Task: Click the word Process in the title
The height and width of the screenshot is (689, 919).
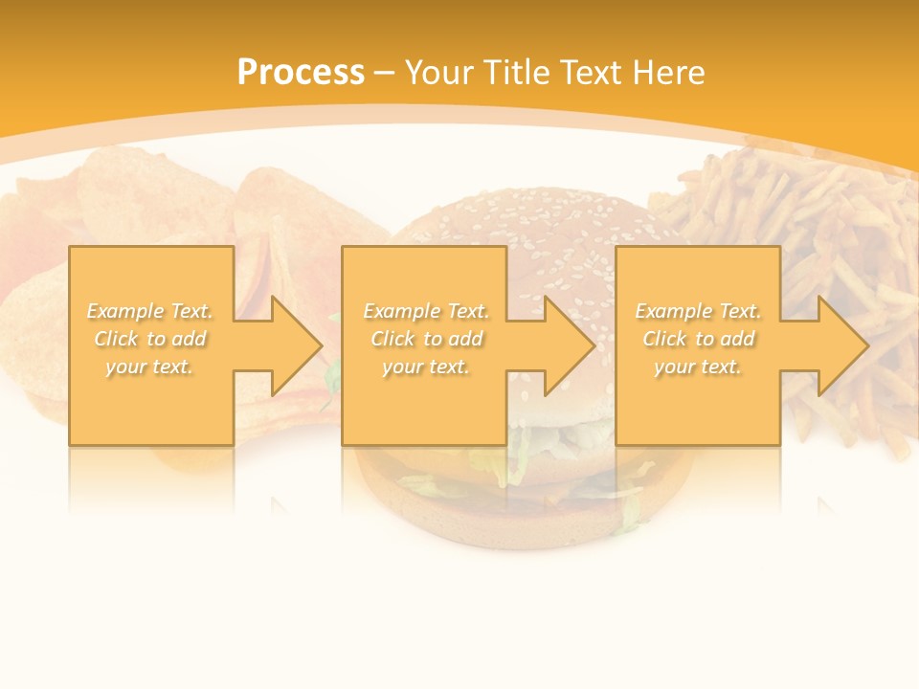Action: pyautogui.click(x=301, y=72)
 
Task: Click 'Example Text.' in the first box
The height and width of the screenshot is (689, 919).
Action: pyautogui.click(x=149, y=311)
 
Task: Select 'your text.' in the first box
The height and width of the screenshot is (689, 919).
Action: pyautogui.click(x=149, y=367)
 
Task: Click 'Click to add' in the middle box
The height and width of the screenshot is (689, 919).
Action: pyautogui.click(x=426, y=339)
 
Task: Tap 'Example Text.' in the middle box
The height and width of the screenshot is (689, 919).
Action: pyautogui.click(x=426, y=311)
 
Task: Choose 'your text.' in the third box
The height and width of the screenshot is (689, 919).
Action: pyautogui.click(x=698, y=367)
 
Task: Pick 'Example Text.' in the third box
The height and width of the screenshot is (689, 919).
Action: pyautogui.click(x=698, y=311)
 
